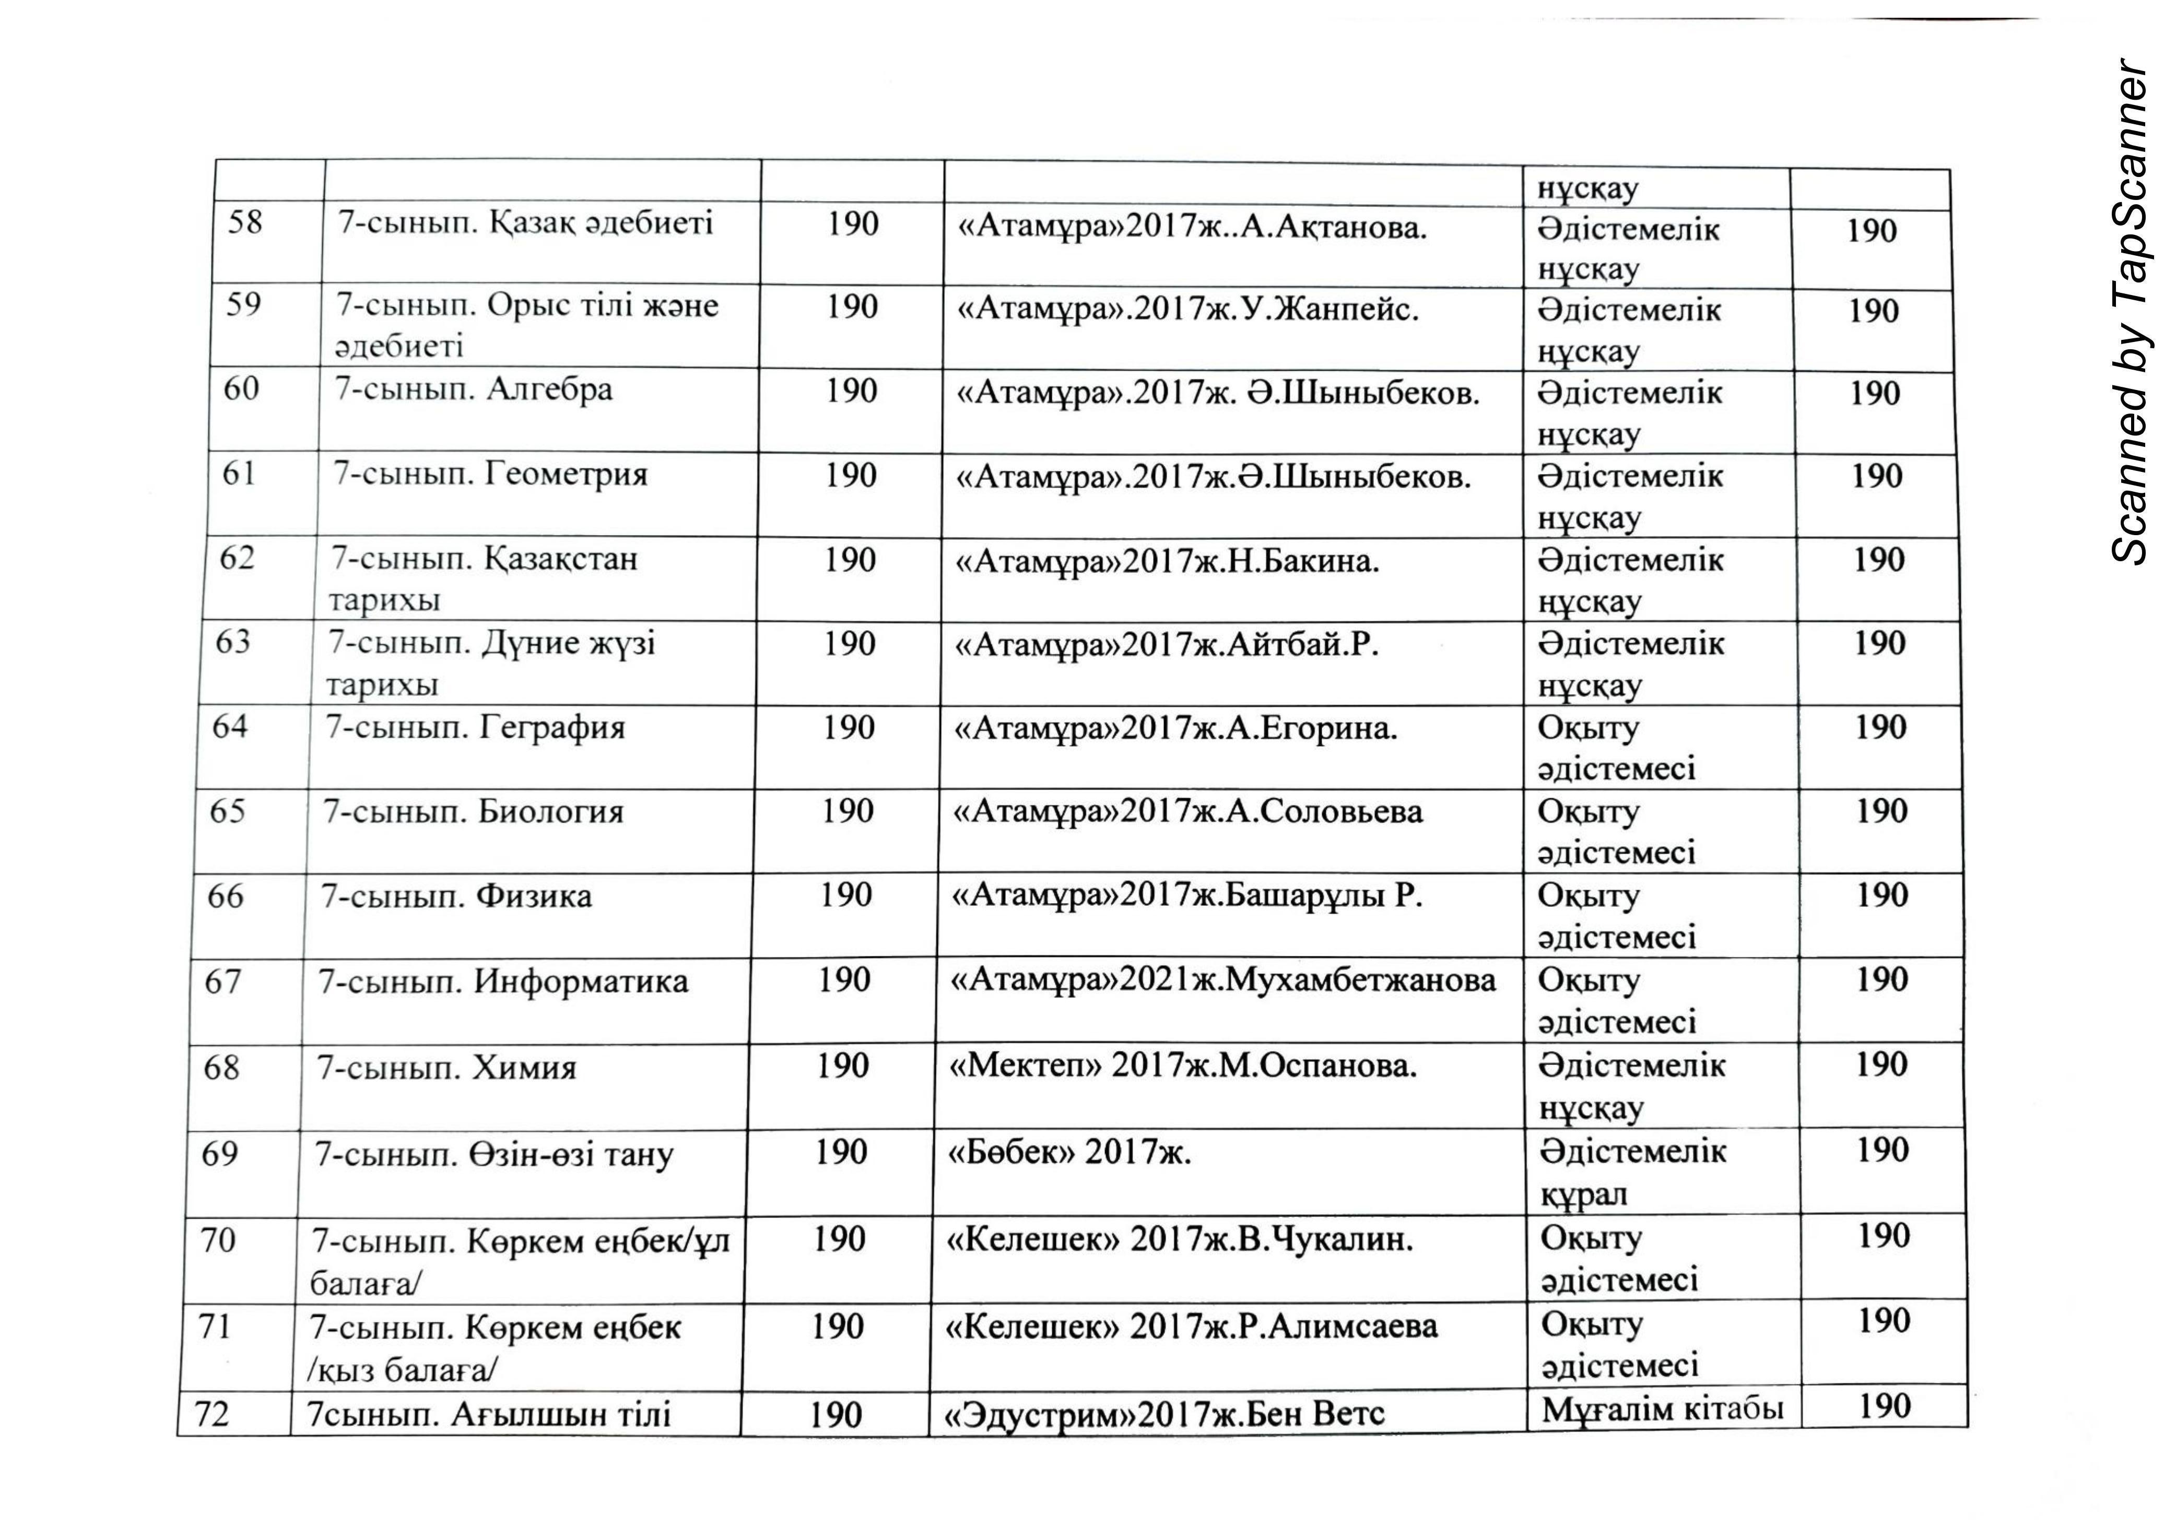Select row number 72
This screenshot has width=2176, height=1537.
tap(213, 1414)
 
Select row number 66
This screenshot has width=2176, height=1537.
tap(226, 895)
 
